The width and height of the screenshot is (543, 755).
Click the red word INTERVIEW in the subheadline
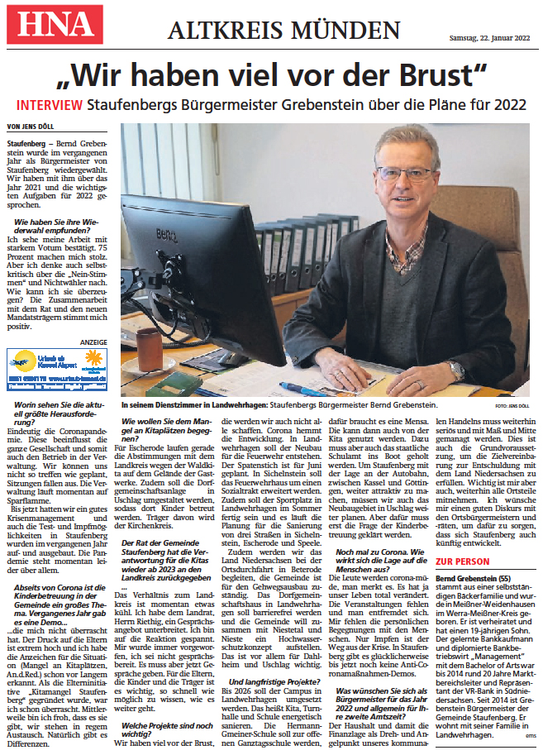click(49, 105)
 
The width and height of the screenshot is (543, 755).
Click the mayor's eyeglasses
click(404, 174)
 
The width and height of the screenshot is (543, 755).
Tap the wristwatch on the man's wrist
click(456, 370)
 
